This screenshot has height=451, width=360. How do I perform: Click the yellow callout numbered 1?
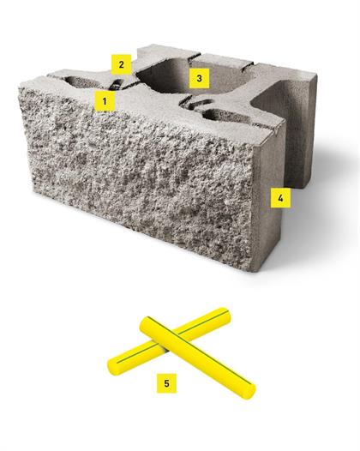tap(105, 101)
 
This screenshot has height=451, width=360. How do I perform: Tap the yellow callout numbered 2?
tap(122, 64)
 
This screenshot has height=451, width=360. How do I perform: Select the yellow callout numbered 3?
tap(199, 78)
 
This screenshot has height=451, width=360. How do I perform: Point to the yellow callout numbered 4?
tap(280, 197)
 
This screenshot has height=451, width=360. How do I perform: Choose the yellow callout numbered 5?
tap(166, 383)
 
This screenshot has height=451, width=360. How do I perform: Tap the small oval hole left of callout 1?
tap(82, 82)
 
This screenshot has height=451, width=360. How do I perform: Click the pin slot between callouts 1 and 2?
tap(116, 85)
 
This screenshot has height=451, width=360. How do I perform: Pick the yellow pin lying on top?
tap(197, 358)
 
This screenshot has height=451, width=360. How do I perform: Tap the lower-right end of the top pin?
tap(248, 392)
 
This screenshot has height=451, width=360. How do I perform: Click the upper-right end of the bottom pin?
tap(225, 314)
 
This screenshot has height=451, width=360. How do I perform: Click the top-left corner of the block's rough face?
tap(20, 87)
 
